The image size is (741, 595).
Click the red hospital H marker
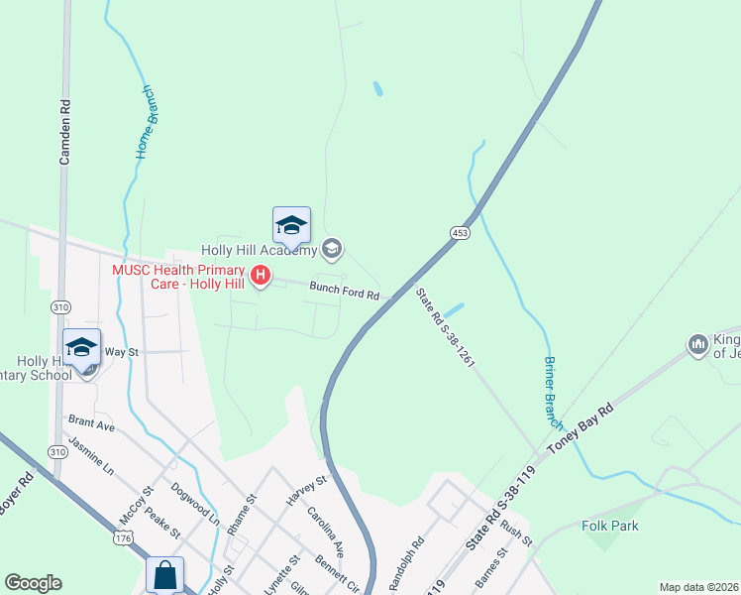click(x=261, y=276)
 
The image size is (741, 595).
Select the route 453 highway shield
click(x=459, y=232)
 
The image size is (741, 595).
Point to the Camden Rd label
click(x=65, y=131)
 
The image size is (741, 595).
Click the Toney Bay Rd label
click(x=580, y=428)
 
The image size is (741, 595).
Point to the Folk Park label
click(x=610, y=527)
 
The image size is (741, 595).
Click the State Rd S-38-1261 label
click(x=446, y=327)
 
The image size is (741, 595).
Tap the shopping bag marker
click(x=164, y=574)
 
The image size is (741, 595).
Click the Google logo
click(x=34, y=583)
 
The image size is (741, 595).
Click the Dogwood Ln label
click(x=194, y=503)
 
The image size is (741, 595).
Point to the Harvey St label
click(x=306, y=491)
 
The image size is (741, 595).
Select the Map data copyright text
click(x=698, y=587)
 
